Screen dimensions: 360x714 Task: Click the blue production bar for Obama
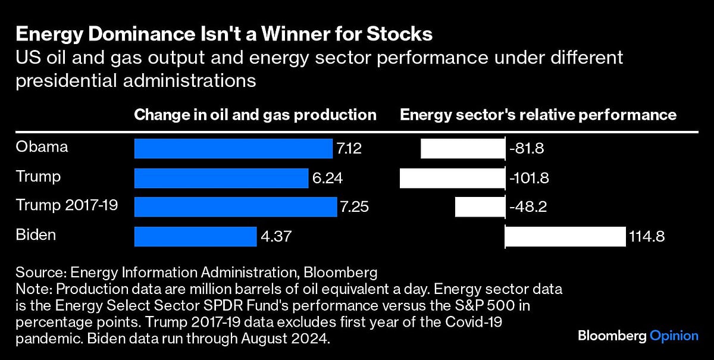233,148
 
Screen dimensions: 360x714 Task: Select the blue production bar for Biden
195,236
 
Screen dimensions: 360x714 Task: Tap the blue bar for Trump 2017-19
236,207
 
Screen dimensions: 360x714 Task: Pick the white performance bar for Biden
565,236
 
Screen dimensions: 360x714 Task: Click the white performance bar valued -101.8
452,178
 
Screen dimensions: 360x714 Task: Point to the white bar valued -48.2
480,207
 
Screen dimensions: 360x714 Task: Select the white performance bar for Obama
462,148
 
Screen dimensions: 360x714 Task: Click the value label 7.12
349,148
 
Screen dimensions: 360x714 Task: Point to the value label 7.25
354,207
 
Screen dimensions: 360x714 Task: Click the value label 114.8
646,236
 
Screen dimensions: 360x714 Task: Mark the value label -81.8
527,148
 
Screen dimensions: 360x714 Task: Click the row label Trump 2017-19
67,206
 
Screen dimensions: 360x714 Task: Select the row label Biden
36,235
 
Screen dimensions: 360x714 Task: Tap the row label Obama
42,147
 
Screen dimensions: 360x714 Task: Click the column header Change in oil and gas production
255,114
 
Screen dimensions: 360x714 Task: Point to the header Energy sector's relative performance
538,114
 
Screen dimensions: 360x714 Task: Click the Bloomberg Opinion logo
638,336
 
